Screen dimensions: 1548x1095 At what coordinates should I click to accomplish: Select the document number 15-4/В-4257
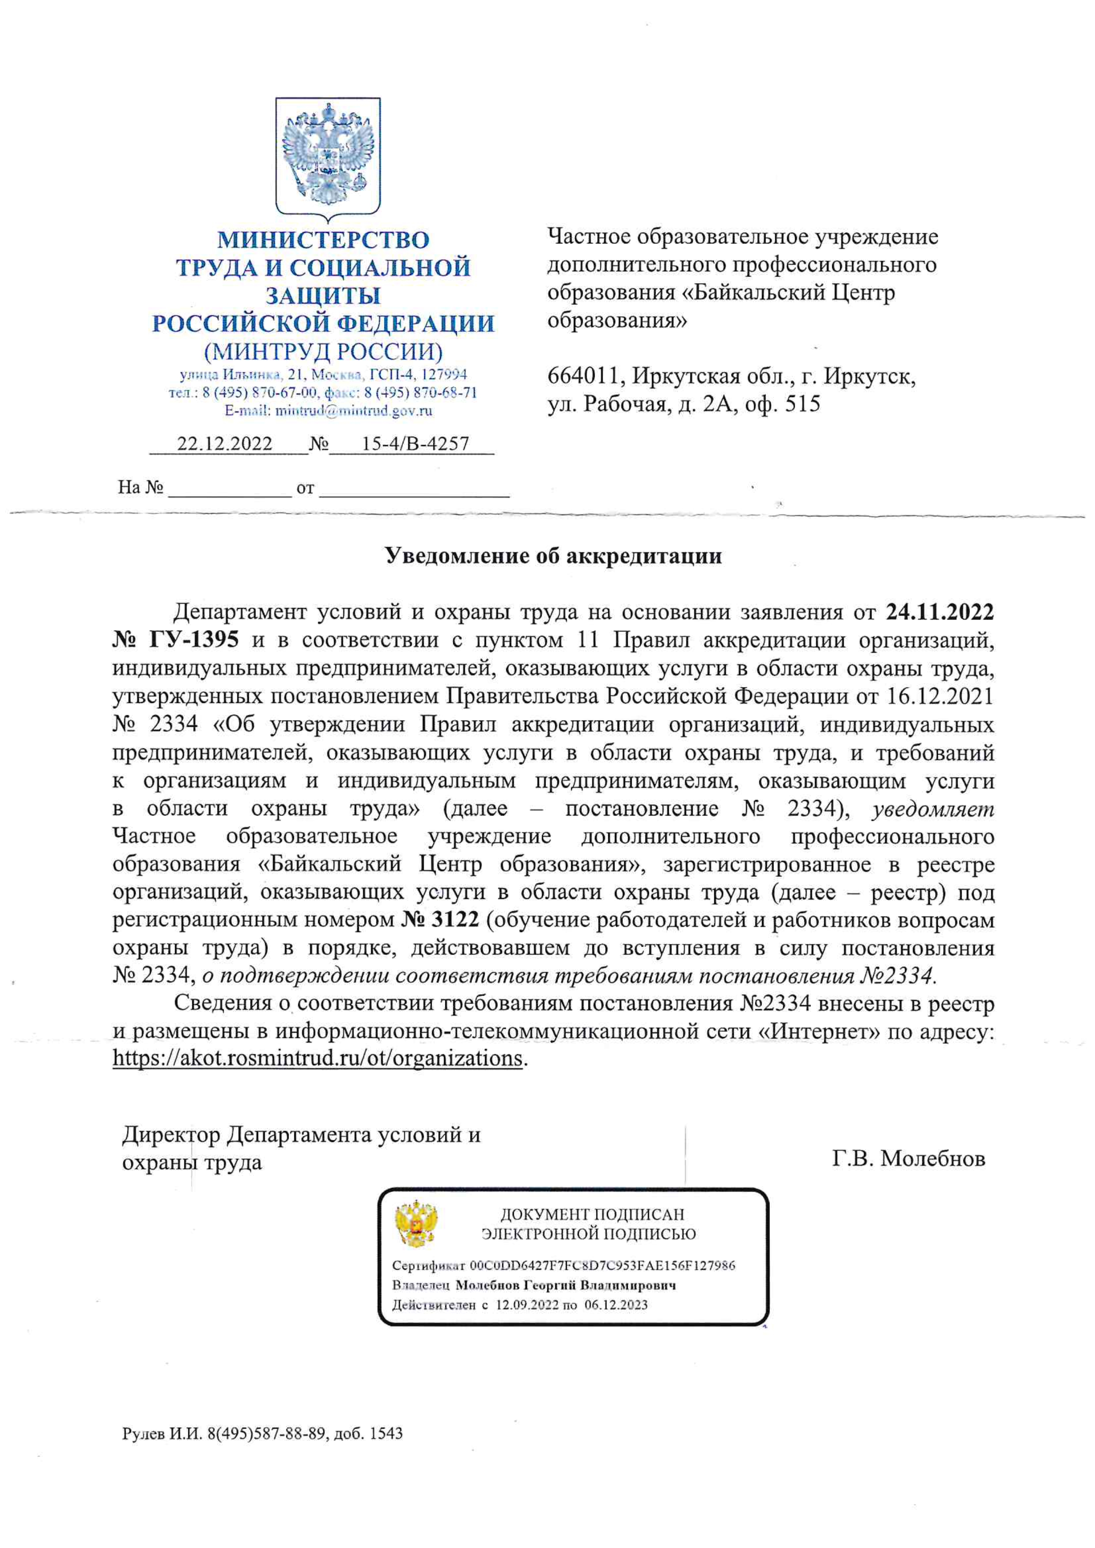pyautogui.click(x=415, y=444)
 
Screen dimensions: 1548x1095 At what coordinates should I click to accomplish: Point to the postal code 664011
pyautogui.click(x=580, y=376)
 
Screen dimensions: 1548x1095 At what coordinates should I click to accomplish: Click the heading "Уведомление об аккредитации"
pyautogui.click(x=553, y=556)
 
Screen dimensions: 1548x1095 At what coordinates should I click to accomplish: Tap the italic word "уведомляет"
pyautogui.click(x=933, y=808)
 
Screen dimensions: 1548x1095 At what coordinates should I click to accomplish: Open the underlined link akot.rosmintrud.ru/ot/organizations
pyautogui.click(x=317, y=1058)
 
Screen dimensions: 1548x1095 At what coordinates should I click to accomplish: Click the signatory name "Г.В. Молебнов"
pyautogui.click(x=909, y=1158)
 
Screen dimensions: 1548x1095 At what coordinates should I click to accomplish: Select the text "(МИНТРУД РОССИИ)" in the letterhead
pyautogui.click(x=324, y=352)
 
